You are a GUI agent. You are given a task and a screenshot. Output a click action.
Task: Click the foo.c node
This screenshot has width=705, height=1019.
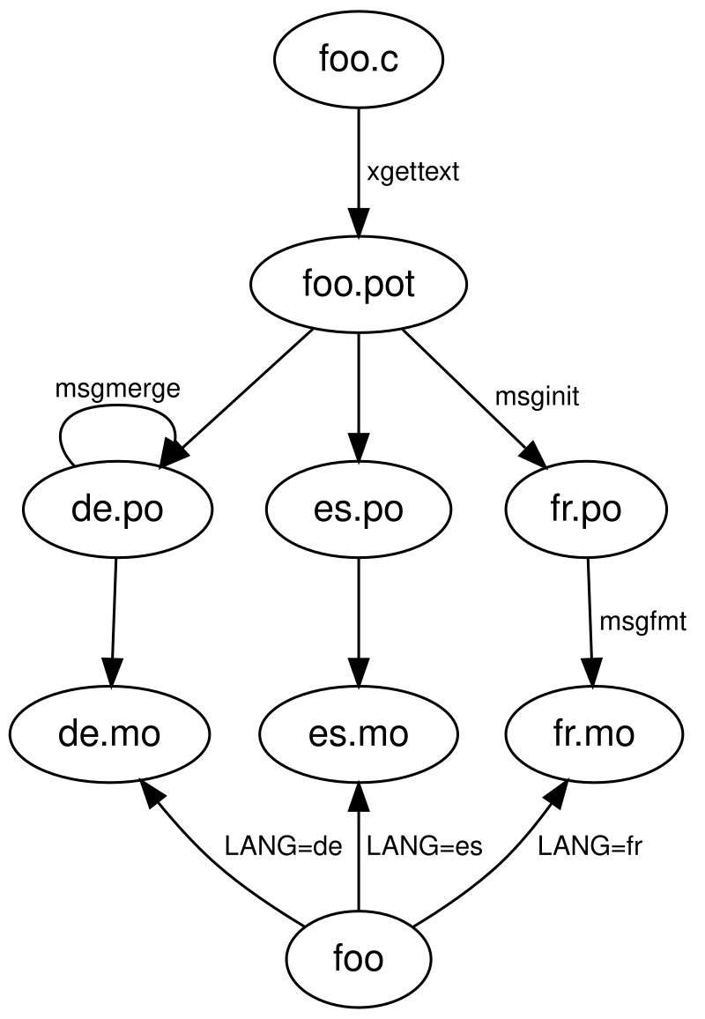358,60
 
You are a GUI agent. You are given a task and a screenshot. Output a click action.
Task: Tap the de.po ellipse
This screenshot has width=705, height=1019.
117,509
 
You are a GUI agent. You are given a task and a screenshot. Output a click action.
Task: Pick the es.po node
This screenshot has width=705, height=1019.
358,509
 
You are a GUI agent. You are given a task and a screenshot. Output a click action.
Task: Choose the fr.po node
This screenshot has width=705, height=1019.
586,509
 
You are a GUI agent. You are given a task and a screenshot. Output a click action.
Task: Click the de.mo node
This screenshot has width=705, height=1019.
109,733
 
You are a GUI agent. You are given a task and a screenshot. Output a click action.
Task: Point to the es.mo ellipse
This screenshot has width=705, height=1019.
358,733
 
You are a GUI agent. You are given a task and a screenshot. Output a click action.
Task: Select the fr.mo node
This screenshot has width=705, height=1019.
593,733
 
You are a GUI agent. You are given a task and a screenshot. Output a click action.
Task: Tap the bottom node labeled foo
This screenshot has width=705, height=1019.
358,957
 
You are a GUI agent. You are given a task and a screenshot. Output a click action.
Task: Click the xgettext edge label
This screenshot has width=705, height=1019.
412,172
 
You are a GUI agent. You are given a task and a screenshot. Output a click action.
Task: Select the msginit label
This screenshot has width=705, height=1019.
537,397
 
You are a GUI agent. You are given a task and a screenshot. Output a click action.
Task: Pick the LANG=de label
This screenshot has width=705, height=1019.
283,847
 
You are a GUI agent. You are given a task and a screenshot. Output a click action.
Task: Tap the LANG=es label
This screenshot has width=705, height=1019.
425,847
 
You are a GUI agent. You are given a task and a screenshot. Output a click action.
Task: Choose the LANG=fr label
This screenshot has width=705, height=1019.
590,847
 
